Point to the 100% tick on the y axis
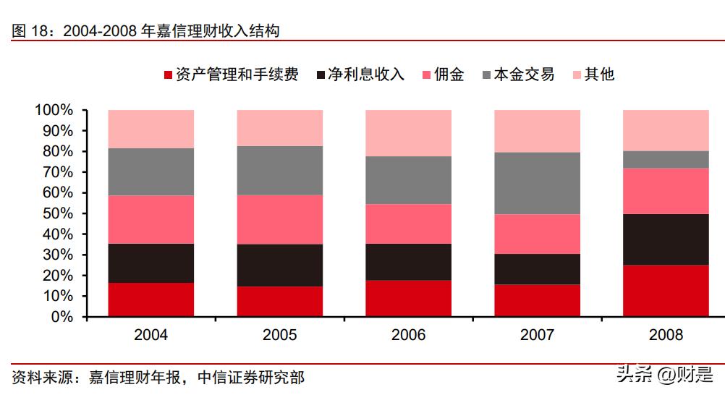pyautogui.click(x=54, y=111)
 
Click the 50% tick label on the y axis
pyautogui.click(x=57, y=214)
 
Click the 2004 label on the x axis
pyautogui.click(x=151, y=335)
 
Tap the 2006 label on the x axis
pyautogui.click(x=409, y=335)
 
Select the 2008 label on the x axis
pyautogui.click(x=666, y=335)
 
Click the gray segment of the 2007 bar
pyautogui.click(x=537, y=183)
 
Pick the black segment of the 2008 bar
pyautogui.click(x=666, y=239)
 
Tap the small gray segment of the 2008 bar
pyautogui.click(x=666, y=159)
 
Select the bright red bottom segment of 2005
pyautogui.click(x=280, y=302)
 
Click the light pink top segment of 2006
pyautogui.click(x=409, y=133)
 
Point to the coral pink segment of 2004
pyautogui.click(x=151, y=219)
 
